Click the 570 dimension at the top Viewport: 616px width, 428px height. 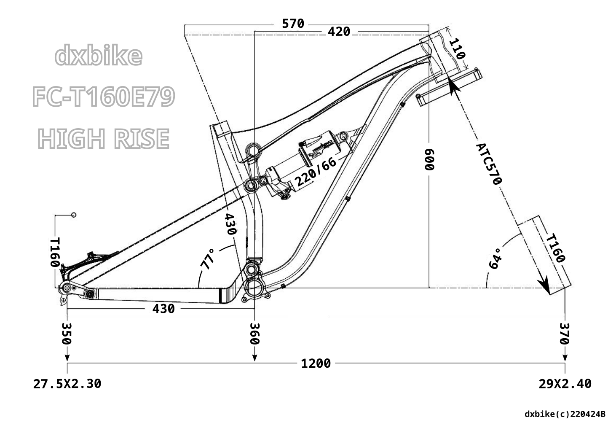293,24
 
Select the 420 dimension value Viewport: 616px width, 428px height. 339,32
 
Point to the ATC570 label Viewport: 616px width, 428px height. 489,164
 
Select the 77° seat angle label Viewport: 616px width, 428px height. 208,258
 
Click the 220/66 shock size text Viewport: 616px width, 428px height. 316,172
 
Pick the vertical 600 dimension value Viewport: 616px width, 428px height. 429,159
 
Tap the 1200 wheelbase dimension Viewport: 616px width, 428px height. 316,363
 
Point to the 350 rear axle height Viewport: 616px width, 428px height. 67,333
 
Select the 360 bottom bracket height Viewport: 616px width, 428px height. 254,333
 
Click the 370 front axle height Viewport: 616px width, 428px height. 565,333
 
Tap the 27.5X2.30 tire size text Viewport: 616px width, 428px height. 67,384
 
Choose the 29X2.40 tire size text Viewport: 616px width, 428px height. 565,384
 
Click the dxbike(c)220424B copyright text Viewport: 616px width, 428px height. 565,414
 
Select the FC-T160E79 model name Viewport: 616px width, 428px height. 103,97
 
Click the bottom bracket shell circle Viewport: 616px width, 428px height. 254,288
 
